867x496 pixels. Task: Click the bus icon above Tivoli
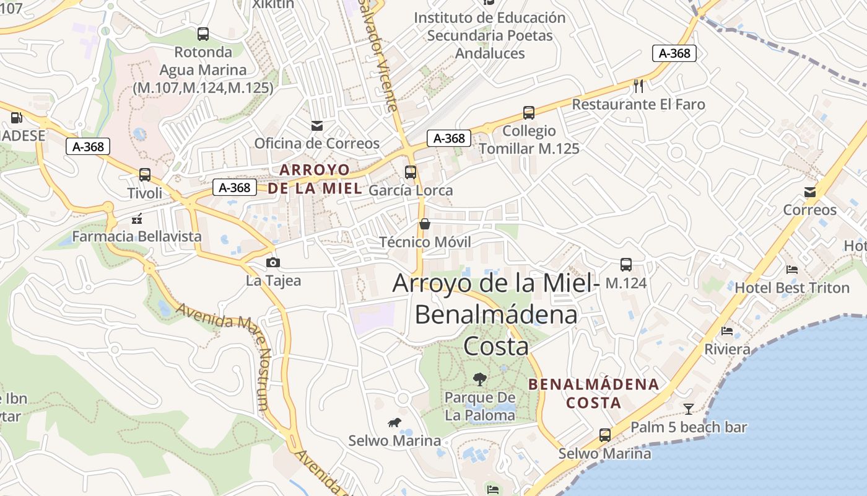click(x=145, y=175)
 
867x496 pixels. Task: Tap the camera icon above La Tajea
click(x=272, y=262)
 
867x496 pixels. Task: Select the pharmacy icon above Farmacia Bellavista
click(x=137, y=218)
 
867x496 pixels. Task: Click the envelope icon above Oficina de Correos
click(x=317, y=126)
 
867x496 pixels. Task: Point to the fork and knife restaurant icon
click(x=638, y=86)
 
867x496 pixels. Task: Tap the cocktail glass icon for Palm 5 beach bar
click(x=688, y=409)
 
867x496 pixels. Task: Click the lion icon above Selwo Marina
click(x=394, y=423)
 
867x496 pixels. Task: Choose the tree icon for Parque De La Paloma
click(x=479, y=379)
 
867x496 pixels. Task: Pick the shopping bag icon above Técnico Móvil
click(x=425, y=224)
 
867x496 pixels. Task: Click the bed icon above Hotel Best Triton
click(x=791, y=269)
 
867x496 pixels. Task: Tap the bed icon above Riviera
click(x=727, y=331)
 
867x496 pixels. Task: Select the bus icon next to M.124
click(x=626, y=265)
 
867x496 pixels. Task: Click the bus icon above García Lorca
click(x=411, y=172)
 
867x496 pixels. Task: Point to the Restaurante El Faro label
click(x=638, y=104)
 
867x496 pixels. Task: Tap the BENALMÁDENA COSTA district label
click(x=593, y=393)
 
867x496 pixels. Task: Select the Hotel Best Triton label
click(x=792, y=288)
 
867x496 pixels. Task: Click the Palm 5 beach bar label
click(x=689, y=427)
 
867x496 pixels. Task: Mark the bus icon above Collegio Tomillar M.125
click(x=529, y=113)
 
